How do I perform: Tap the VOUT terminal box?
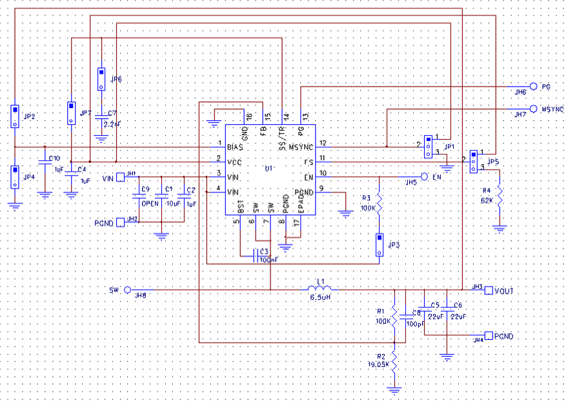coord(489,290)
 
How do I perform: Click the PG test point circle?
coord(533,86)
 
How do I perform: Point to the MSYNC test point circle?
coord(533,109)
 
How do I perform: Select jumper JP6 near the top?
coord(101,79)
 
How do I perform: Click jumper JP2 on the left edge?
coord(14,116)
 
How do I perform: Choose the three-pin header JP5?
coord(473,161)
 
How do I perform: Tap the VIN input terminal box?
coord(120,176)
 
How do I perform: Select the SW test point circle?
coord(127,290)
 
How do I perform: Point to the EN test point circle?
coord(424,176)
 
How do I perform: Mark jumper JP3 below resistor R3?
coord(379,244)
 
